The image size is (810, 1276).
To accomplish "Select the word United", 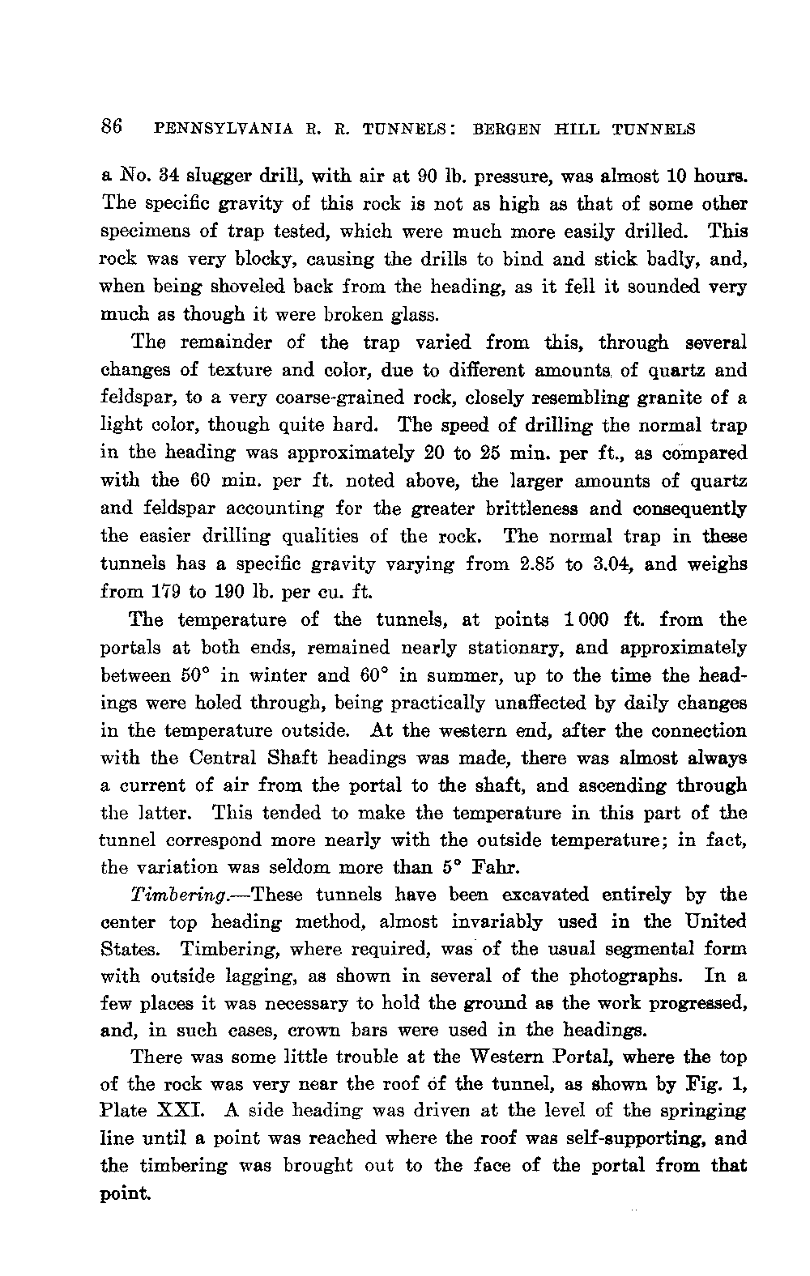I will (714, 922).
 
